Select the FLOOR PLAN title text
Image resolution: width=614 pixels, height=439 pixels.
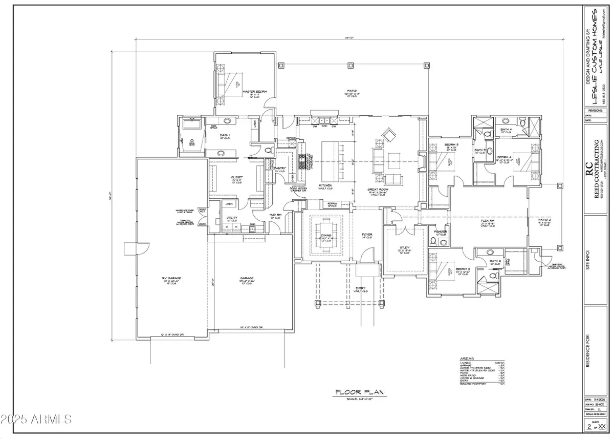pyautogui.click(x=360, y=392)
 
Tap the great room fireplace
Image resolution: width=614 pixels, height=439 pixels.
pyautogui.click(x=421, y=160)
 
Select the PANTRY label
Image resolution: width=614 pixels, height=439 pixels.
pyautogui.click(x=279, y=168)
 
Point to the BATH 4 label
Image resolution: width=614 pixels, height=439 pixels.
pyautogui.click(x=506, y=130)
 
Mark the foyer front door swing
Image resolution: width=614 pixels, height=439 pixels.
pyautogui.click(x=368, y=254)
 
